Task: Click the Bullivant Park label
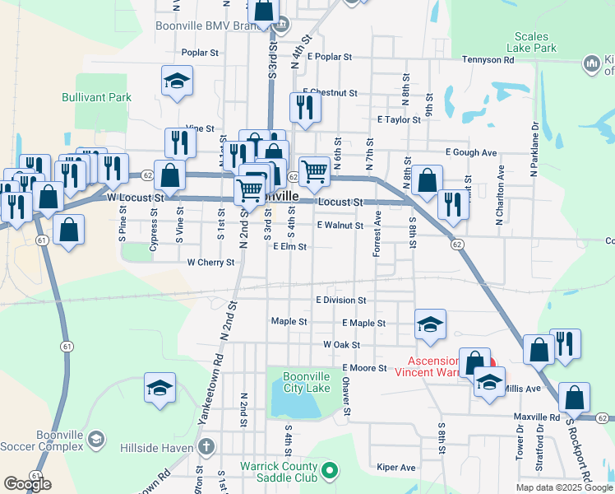(96, 97)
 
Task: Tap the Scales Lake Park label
(535, 42)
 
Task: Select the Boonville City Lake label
(307, 382)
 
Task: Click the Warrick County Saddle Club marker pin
(330, 471)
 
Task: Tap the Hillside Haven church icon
(206, 447)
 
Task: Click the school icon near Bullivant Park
(176, 82)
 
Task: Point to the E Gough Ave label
(471, 152)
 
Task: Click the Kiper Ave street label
(396, 468)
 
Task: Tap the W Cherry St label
(211, 263)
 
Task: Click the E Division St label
(340, 301)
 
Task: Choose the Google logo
(27, 484)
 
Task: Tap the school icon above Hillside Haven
(160, 389)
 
